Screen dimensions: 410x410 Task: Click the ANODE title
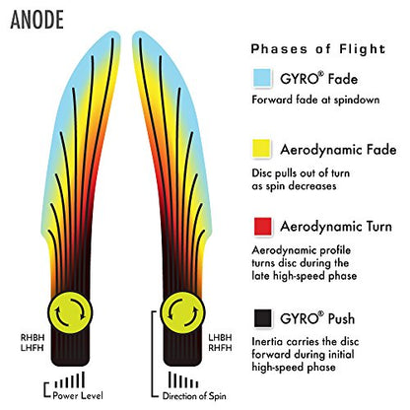[x=36, y=20]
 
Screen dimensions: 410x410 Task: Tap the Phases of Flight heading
[x=318, y=49]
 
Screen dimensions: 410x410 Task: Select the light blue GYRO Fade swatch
[x=262, y=78]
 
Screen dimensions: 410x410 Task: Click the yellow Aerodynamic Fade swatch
[x=261, y=149]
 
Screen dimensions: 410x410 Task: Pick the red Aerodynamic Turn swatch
[x=263, y=227]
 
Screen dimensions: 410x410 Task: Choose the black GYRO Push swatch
[x=263, y=318]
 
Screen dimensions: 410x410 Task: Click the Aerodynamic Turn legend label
[x=336, y=227]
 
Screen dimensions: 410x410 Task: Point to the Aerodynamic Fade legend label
[x=338, y=150]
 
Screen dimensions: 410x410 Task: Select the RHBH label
[x=33, y=338]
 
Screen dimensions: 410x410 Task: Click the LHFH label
[x=33, y=348]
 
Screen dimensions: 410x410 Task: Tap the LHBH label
[x=220, y=337]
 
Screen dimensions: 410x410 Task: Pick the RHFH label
[x=220, y=348]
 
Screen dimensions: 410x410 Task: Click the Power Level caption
[x=78, y=395]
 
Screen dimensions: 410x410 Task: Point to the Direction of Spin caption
[x=194, y=396]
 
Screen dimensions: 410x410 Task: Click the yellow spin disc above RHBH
[x=70, y=312]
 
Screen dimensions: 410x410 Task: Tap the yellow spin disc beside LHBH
[x=182, y=312]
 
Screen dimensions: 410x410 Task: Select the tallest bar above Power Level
[x=83, y=379]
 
